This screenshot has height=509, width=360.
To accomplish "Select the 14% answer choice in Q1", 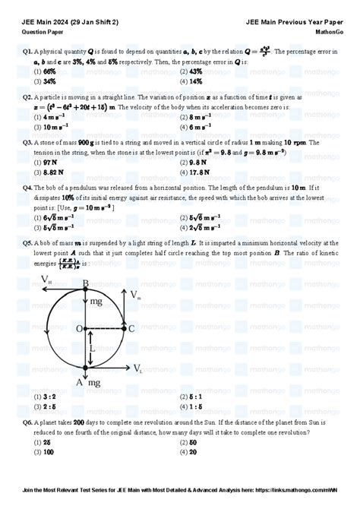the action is coord(195,81).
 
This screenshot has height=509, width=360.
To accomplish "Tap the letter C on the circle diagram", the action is coord(131,328).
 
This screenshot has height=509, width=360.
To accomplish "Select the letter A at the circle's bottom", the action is coord(79,383).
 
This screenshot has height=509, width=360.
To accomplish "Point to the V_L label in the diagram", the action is coord(137,369).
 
